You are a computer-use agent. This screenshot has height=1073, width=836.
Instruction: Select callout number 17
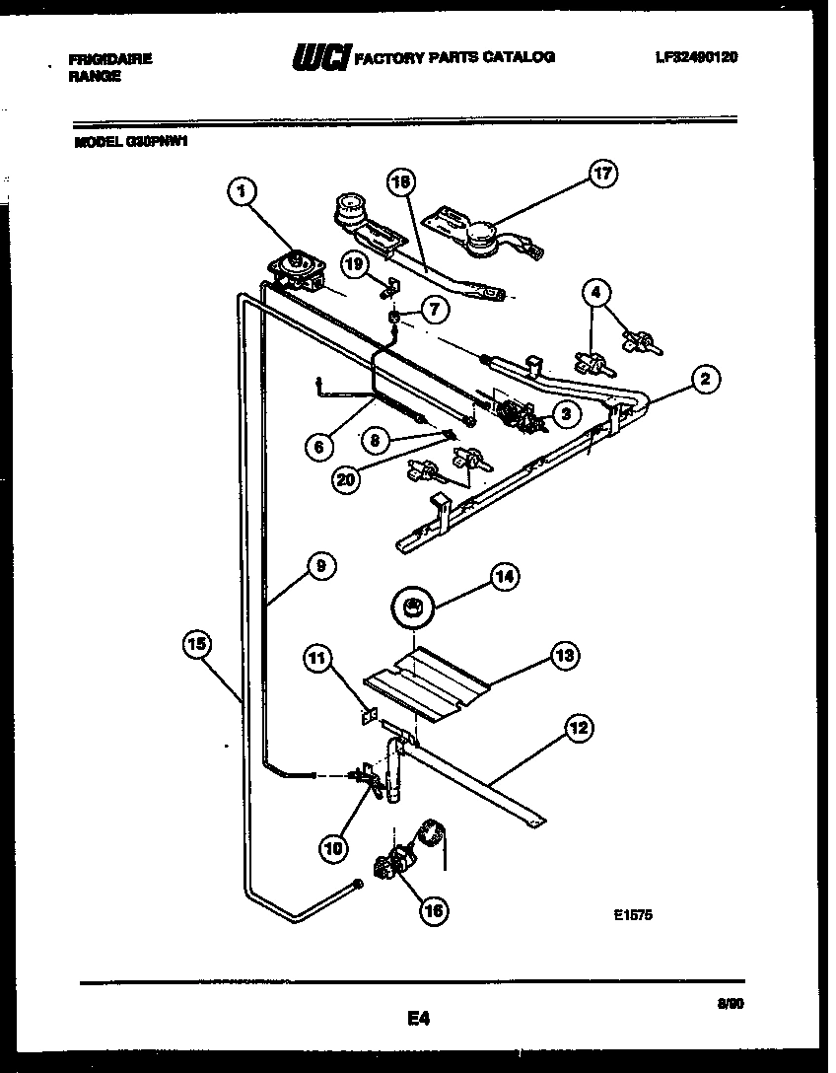pyautogui.click(x=601, y=175)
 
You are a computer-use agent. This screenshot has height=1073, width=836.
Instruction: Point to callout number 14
pyautogui.click(x=505, y=579)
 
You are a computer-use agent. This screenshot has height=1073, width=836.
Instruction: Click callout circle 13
pyautogui.click(x=566, y=654)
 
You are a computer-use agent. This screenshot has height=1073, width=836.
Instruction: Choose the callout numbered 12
pyautogui.click(x=579, y=729)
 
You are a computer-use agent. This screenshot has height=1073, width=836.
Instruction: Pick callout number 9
pyautogui.click(x=320, y=565)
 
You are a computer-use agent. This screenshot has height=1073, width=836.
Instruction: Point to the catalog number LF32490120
pyautogui.click(x=696, y=57)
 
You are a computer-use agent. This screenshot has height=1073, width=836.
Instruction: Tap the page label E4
pyautogui.click(x=417, y=1017)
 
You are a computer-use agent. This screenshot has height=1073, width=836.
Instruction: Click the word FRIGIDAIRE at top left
pyautogui.click(x=110, y=59)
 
